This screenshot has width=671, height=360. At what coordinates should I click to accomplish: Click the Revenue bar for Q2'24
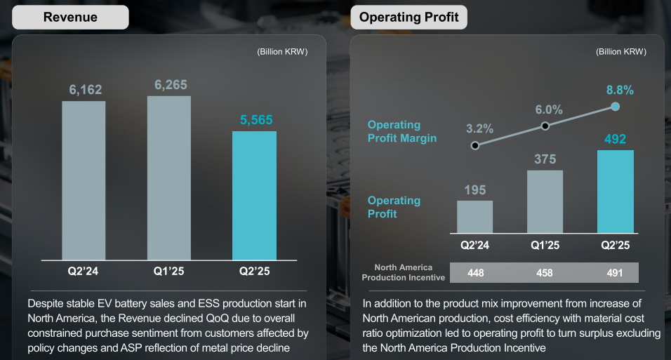tap(84, 180)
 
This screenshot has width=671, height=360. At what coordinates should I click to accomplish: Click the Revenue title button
tap(70, 17)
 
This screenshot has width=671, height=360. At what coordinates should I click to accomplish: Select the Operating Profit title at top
tap(408, 17)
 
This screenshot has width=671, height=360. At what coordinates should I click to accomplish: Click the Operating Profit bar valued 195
tap(475, 217)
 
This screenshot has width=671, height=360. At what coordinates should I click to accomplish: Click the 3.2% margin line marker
tap(475, 145)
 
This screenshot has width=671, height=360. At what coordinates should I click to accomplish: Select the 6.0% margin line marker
tap(545, 126)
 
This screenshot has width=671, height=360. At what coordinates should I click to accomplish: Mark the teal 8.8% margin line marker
tap(616, 107)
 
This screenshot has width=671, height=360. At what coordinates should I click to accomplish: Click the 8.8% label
tap(620, 90)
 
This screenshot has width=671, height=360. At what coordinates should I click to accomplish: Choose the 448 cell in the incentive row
tap(475, 272)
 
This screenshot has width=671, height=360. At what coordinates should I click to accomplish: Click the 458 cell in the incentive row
tap(545, 272)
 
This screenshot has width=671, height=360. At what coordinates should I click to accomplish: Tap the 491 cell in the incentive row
tap(616, 272)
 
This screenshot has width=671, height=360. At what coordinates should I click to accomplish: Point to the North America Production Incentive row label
tap(404, 272)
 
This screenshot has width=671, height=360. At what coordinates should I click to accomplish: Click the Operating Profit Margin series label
tap(402, 131)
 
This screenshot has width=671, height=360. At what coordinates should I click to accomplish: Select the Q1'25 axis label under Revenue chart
tap(169, 271)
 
